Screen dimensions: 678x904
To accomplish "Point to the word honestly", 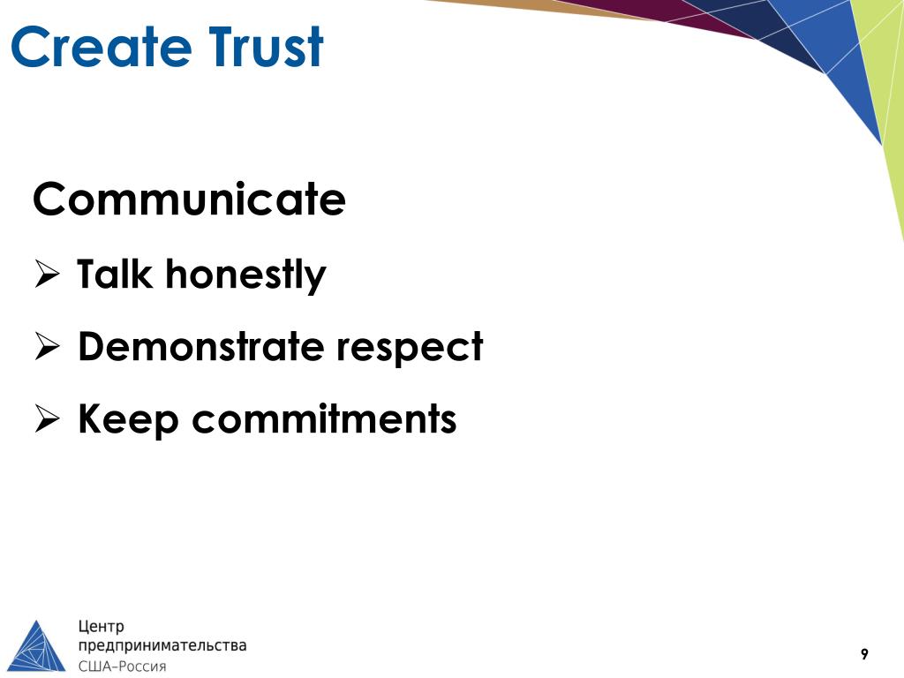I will click(245, 276).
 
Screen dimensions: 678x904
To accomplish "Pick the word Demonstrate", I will click(200, 347).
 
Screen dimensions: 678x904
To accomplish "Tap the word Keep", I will click(128, 420).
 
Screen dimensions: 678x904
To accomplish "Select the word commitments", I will click(324, 419).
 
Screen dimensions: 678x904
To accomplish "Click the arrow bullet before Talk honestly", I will click(46, 276).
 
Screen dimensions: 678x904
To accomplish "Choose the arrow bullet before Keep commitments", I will click(46, 421).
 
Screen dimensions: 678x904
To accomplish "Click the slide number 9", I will click(864, 654).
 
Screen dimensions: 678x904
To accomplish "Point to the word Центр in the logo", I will click(103, 628).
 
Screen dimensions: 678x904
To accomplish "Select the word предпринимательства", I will click(162, 646).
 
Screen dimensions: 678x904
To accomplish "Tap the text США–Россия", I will click(123, 666).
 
